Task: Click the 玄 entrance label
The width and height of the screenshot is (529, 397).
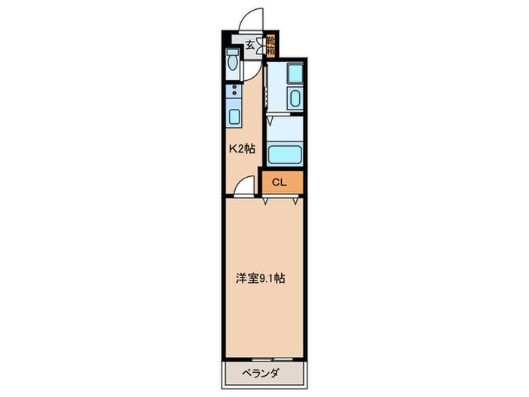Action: [x=249, y=42]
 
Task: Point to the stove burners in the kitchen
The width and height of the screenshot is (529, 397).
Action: [x=234, y=95]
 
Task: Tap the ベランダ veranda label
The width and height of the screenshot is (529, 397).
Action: [x=263, y=372]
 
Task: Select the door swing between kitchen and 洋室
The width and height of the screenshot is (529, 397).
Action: [x=243, y=185]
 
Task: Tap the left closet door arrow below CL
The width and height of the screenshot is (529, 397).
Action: [x=266, y=201]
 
